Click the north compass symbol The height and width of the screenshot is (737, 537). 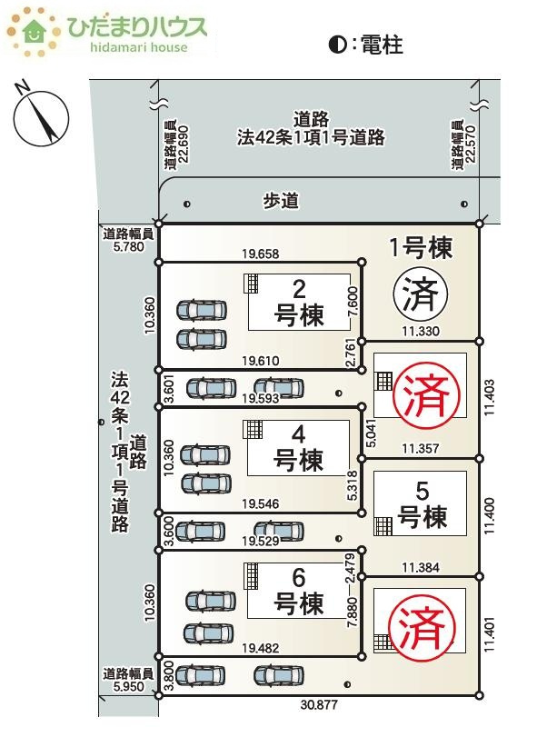(x=41, y=116)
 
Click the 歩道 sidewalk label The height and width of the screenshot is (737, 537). (x=281, y=201)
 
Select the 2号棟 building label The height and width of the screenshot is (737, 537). (x=299, y=303)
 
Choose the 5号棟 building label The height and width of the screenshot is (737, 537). (x=423, y=504)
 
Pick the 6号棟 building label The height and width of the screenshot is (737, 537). (x=299, y=592)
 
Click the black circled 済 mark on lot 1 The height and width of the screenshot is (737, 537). (x=421, y=294)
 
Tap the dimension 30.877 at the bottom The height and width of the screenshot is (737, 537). (x=319, y=704)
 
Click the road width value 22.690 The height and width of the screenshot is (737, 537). (x=183, y=144)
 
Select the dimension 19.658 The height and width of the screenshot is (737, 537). (x=261, y=254)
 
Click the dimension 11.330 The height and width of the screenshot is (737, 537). (x=421, y=331)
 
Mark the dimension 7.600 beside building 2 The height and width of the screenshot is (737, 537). (x=353, y=303)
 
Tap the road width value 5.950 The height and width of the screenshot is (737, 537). (x=129, y=686)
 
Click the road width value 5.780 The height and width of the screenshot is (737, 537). (x=129, y=246)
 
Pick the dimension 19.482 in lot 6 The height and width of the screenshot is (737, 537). (x=260, y=648)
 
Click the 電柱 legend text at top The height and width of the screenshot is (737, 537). (x=382, y=45)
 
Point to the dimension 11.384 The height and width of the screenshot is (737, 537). (x=421, y=567)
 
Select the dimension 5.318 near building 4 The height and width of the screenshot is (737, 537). (x=352, y=485)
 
